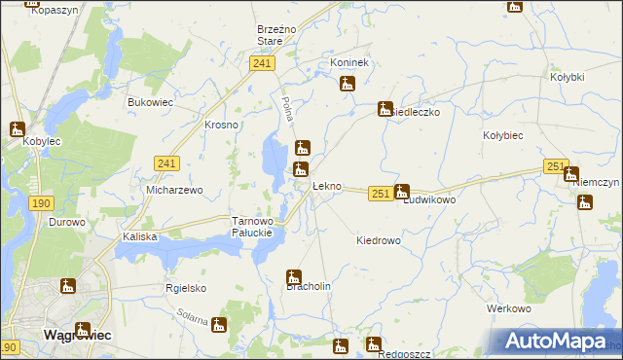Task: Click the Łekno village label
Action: (x=326, y=186)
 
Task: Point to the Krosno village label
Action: (x=221, y=126)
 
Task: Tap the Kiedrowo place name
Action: (x=379, y=240)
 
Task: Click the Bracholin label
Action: (x=309, y=287)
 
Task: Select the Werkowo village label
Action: (x=508, y=308)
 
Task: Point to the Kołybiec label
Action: (x=504, y=137)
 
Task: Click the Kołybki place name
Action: (x=567, y=77)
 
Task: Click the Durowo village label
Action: (x=67, y=222)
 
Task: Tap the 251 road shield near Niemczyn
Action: (x=556, y=167)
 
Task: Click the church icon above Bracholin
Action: (x=293, y=276)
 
